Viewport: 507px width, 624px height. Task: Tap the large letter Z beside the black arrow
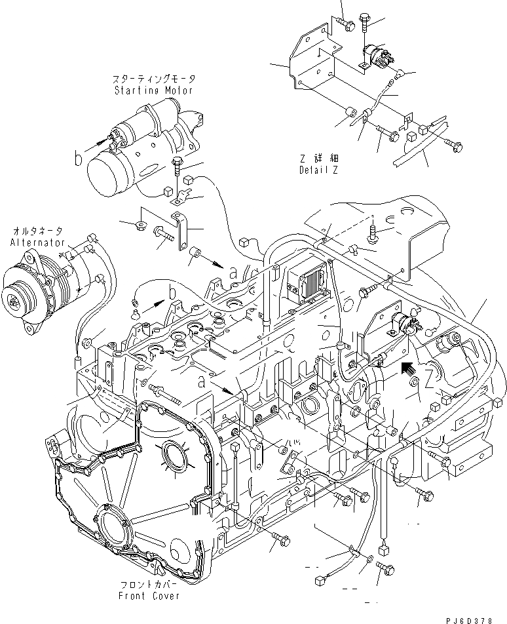click(x=428, y=379)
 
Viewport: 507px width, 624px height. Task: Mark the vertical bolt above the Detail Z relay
click(x=365, y=25)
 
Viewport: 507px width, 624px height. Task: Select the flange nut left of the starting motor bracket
click(x=139, y=226)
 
